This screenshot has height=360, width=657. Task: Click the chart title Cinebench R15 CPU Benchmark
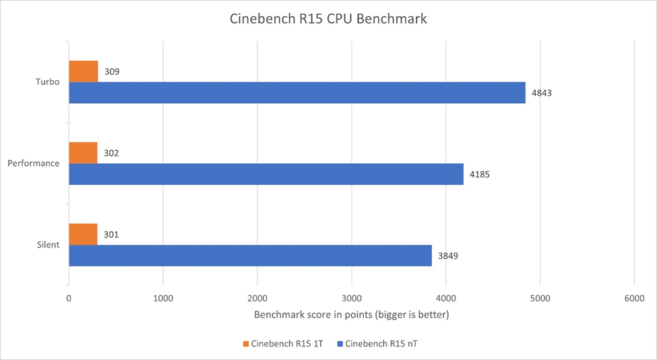coord(328,19)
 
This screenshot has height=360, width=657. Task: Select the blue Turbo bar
coord(296,92)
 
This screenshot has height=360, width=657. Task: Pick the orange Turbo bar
coord(84,71)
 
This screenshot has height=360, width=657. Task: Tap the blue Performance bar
coord(265,174)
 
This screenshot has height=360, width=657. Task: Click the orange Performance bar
coord(83,152)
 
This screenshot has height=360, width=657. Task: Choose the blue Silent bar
coord(250,255)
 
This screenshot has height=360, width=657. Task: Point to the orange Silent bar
coord(83,234)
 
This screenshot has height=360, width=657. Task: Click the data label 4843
coord(542,92)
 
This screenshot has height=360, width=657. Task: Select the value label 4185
coord(480,174)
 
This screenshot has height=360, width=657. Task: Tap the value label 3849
coord(448,256)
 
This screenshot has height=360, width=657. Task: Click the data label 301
coord(111,234)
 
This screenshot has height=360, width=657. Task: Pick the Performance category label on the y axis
coord(34,163)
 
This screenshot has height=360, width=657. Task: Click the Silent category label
coord(48,245)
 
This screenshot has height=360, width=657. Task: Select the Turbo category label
coord(47,82)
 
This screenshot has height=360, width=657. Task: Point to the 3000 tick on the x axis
coord(351,297)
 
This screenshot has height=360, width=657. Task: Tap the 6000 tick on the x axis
coord(634,297)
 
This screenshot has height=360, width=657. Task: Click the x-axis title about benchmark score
coord(351,314)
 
